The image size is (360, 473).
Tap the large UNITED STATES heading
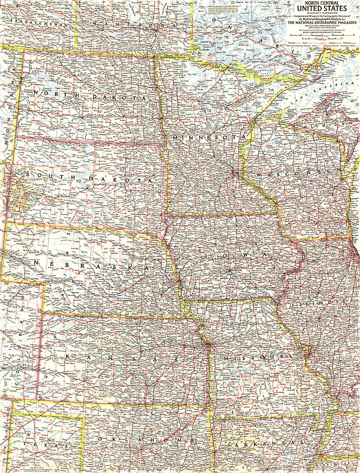point(322,9)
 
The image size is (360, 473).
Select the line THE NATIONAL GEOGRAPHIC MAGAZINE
point(322,22)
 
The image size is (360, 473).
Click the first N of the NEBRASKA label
point(35,262)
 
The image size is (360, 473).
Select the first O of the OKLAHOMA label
point(100,439)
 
